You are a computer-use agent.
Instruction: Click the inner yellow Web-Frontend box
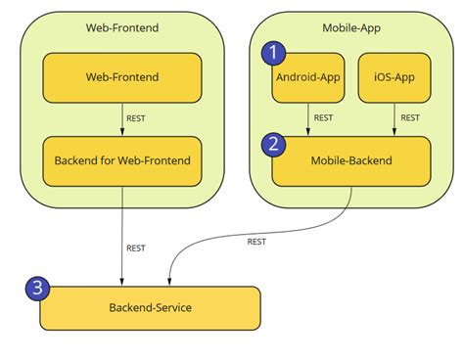[122, 77]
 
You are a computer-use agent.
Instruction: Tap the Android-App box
[307, 77]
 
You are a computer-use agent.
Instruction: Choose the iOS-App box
[394, 77]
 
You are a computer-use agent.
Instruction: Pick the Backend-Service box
[150, 308]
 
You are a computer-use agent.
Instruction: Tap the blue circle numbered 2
[275, 143]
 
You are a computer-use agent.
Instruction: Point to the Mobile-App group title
[350, 27]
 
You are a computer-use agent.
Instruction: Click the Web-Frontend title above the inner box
[122, 27]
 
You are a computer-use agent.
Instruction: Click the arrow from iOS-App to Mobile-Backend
[394, 119]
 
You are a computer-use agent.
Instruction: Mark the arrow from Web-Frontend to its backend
[122, 119]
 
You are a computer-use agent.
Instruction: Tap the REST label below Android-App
[324, 118]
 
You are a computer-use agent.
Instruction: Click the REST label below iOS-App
[411, 118]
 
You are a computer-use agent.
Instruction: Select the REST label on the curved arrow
[256, 241]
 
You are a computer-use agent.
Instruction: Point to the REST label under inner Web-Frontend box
[138, 118]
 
